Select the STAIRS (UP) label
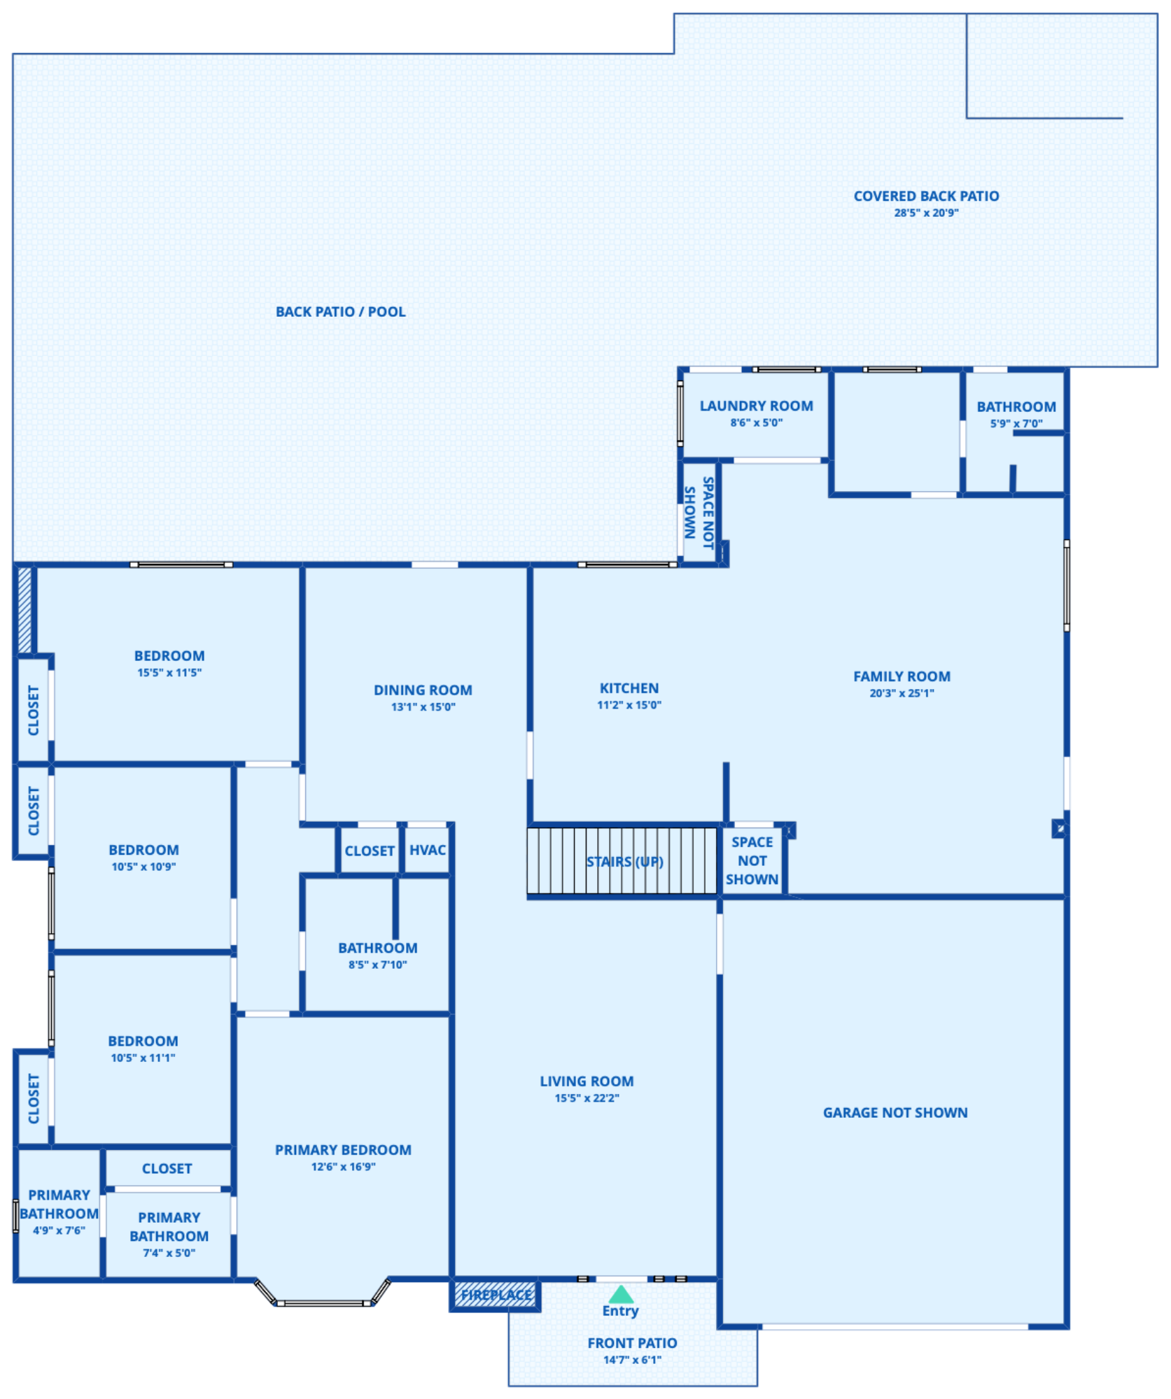[x=624, y=861]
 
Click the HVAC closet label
[x=427, y=850]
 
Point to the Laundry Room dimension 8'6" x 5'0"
[x=756, y=422]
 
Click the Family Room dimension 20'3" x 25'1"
[x=902, y=693]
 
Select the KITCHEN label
[x=629, y=688]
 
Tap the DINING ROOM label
[x=423, y=690]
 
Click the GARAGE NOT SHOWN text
[x=895, y=1113]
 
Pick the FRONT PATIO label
[x=632, y=1343]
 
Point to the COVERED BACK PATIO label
[x=926, y=197]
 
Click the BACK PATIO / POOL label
[x=341, y=312]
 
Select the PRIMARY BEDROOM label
[x=343, y=1150]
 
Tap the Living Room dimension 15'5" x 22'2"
[x=587, y=1098]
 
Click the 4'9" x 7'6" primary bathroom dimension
[x=59, y=1230]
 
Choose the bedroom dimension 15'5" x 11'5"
[x=169, y=673]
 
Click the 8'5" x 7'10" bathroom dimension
[x=377, y=965]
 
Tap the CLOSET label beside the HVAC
[x=370, y=851]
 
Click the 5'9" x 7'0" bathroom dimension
[x=1016, y=423]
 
